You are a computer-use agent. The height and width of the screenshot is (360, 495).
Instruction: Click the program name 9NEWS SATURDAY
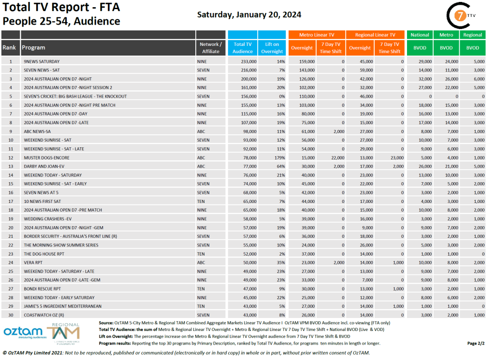42,61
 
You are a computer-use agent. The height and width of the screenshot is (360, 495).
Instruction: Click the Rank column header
10,48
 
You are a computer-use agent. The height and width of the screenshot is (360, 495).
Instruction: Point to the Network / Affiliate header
210,48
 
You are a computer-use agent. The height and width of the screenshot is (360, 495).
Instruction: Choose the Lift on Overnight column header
272,48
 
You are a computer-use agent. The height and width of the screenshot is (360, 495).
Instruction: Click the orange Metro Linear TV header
317,35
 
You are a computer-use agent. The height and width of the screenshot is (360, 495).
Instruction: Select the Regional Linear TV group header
375,35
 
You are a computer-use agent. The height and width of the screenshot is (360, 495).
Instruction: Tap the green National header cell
420,35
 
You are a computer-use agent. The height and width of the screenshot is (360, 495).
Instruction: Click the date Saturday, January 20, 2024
249,14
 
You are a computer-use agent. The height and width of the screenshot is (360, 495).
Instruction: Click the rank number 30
10,315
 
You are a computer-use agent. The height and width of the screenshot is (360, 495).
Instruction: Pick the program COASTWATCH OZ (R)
46,315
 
